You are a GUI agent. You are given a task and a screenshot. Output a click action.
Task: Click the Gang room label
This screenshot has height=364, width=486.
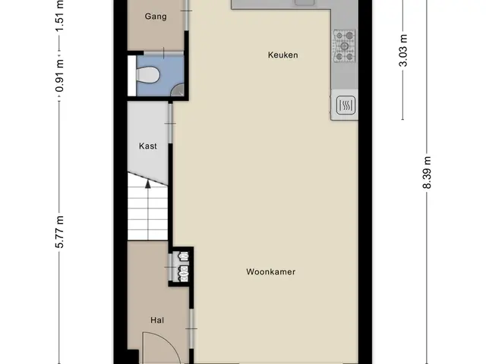tap(156, 17)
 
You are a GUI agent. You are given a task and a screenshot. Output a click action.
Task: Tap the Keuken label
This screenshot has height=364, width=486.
tap(283, 55)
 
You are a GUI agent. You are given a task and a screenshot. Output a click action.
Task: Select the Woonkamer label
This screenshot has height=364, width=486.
tap(271, 271)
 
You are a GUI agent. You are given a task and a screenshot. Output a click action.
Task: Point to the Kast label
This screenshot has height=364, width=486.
tap(148, 146)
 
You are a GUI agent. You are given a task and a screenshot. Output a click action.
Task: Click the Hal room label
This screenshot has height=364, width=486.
tap(157, 320)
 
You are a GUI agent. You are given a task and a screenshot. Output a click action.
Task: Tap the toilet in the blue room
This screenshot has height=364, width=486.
tap(147, 75)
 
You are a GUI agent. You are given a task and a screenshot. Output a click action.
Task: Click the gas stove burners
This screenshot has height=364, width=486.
tap(344, 45)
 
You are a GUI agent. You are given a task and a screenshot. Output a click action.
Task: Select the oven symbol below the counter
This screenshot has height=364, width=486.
tap(346, 105)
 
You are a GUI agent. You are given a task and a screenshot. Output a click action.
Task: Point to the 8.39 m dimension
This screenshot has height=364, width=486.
tap(427, 173)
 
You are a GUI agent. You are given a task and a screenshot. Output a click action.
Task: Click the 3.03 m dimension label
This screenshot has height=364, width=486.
tap(403, 51)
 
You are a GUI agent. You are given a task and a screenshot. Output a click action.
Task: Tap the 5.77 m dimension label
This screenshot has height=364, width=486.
tap(59, 232)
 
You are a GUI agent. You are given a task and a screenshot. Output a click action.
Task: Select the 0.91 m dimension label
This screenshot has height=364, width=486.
tap(59, 76)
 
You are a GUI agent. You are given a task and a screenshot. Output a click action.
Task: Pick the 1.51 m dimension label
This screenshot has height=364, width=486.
tap(59, 15)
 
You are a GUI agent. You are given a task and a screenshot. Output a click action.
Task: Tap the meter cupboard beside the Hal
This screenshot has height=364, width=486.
tap(183, 266)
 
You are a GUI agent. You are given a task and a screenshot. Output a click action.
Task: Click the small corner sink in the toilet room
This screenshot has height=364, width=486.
tap(178, 90)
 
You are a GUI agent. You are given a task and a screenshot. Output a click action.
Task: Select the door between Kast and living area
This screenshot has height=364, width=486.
tap(170, 124)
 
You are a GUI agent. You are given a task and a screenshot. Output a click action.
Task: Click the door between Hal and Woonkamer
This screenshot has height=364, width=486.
tap(191, 328)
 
